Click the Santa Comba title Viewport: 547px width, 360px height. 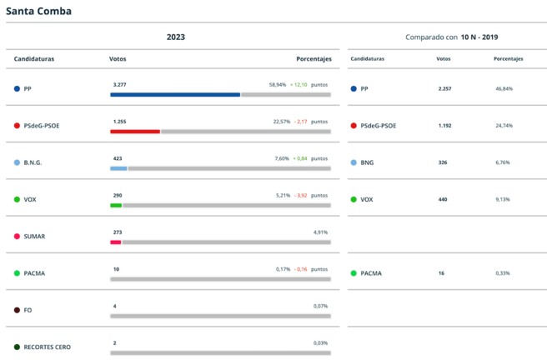pyautogui.click(x=38, y=11)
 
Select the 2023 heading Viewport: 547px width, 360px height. pyautogui.click(x=175, y=37)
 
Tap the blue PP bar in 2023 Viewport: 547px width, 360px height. pyautogui.click(x=175, y=95)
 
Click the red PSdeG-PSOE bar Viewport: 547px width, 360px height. pyautogui.click(x=135, y=132)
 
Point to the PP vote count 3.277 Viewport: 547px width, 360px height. pyautogui.click(x=119, y=84)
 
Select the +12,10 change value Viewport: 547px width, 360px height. pyautogui.click(x=299, y=84)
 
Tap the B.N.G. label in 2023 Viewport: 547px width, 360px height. pyautogui.click(x=33, y=162)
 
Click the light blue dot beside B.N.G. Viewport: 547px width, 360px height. pyautogui.click(x=17, y=162)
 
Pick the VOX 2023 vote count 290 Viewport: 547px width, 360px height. pyautogui.click(x=118, y=195)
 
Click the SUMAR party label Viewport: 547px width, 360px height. pyautogui.click(x=35, y=236)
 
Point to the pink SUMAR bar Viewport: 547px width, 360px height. pyautogui.click(x=116, y=242)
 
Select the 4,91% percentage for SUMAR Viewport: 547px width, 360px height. pyautogui.click(x=321, y=232)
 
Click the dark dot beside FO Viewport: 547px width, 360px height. pyautogui.click(x=17, y=310)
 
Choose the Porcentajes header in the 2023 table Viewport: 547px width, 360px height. pyautogui.click(x=314, y=59)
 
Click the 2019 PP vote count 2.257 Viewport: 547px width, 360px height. pyautogui.click(x=444, y=88)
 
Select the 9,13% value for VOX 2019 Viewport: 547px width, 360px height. pyautogui.click(x=503, y=199)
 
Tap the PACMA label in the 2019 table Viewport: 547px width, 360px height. pyautogui.click(x=371, y=273)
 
